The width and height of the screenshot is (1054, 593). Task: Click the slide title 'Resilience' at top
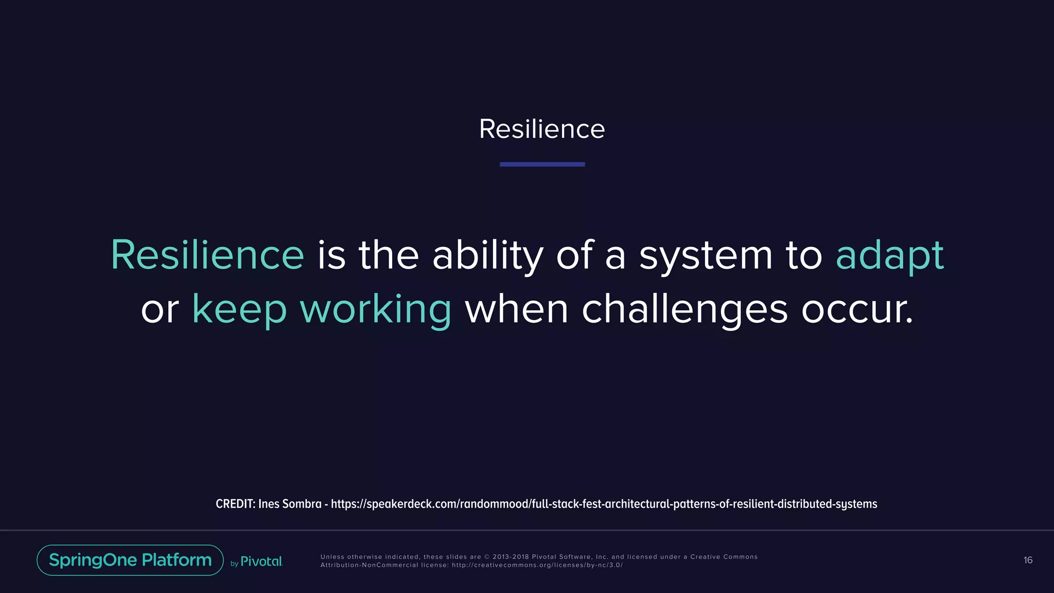(x=542, y=129)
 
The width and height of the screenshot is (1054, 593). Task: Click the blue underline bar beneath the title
(x=542, y=164)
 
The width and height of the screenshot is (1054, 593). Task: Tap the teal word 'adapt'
(x=889, y=256)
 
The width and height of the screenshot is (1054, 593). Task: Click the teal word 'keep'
(x=239, y=309)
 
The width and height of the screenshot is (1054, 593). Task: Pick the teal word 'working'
(x=375, y=309)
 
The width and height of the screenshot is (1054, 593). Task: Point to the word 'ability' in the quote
(x=487, y=256)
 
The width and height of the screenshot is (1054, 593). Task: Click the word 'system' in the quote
(x=706, y=256)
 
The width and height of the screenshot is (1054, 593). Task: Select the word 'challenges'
(x=684, y=309)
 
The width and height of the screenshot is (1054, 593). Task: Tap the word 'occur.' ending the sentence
(x=857, y=309)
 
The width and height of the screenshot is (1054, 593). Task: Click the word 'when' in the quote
(x=516, y=309)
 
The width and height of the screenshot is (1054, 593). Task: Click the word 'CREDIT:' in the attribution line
(x=235, y=504)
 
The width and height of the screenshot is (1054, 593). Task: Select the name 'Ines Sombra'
(x=290, y=504)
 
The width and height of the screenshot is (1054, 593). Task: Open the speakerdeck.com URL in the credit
(x=604, y=504)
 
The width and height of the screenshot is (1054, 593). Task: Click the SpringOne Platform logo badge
(x=130, y=560)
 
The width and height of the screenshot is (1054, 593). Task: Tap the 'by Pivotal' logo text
(x=257, y=562)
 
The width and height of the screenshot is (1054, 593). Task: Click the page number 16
(x=1028, y=560)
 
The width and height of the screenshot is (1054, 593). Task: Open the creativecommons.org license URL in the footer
(x=537, y=565)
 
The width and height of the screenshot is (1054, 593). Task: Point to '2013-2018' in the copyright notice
(x=510, y=557)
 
